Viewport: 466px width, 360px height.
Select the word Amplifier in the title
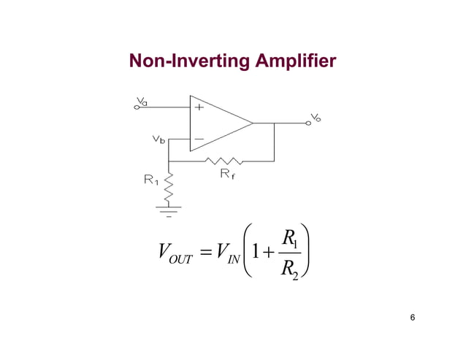pos(297,61)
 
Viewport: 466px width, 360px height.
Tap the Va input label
pos(142,102)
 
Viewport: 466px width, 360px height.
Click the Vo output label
pos(316,117)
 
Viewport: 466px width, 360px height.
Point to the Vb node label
pos(158,139)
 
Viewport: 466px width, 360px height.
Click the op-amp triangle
pos(219,122)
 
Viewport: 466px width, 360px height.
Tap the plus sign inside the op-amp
pos(199,107)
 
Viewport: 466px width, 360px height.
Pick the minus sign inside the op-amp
pos(199,139)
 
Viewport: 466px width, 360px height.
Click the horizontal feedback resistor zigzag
pos(224,160)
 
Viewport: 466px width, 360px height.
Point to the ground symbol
pos(169,210)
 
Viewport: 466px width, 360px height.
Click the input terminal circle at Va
pos(136,107)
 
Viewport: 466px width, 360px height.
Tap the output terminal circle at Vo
pos(309,123)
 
